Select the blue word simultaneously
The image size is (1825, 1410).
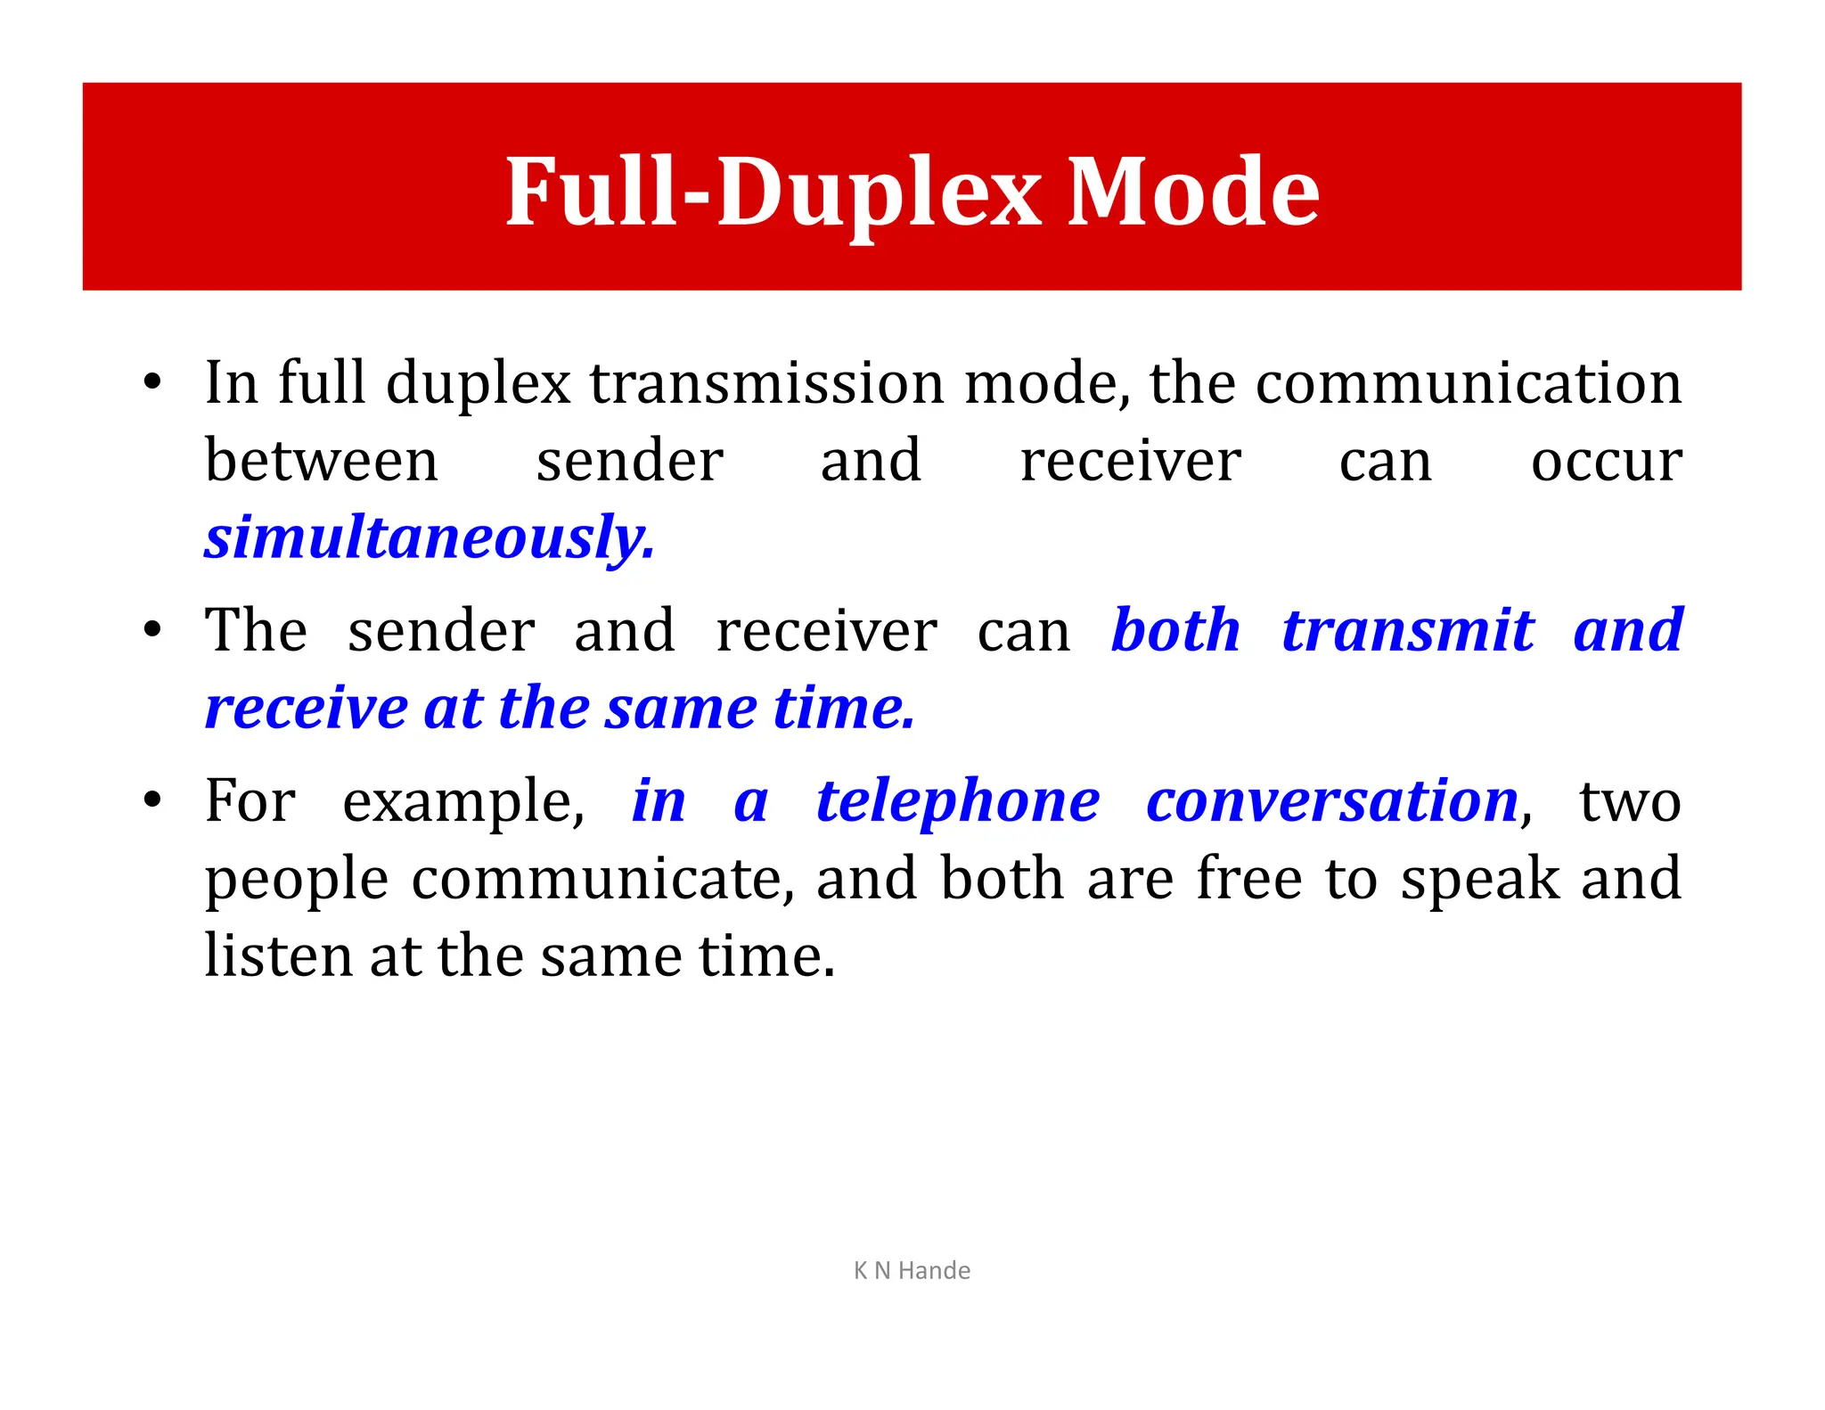coord(430,538)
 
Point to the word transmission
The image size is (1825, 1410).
coord(766,383)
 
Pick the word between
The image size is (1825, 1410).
coord(322,461)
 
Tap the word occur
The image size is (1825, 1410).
coord(1606,461)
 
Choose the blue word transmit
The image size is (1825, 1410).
coord(1408,630)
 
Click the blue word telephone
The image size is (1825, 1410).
coord(958,800)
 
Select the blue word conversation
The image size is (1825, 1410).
coord(1332,800)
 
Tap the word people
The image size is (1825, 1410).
coord(297,880)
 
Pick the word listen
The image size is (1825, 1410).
coord(277,955)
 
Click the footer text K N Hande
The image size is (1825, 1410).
coord(912,1270)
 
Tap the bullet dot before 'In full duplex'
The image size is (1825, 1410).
coord(152,382)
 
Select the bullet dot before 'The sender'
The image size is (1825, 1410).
coord(152,629)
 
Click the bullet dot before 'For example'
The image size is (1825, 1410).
coord(152,799)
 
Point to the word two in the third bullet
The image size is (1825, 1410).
coord(1630,800)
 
